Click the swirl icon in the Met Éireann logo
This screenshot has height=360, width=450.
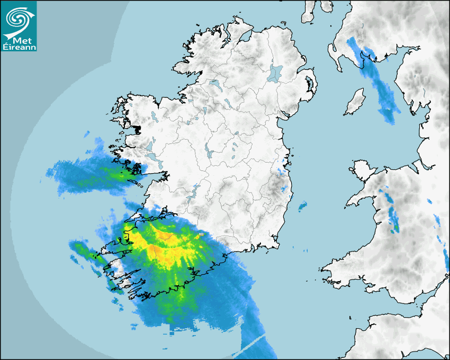(x=17, y=19)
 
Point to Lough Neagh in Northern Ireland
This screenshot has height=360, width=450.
(x=275, y=73)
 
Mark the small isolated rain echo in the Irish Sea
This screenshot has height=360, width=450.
(x=302, y=205)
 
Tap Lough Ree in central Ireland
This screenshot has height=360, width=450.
(x=209, y=154)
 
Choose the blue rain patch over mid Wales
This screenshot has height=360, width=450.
(x=392, y=214)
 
